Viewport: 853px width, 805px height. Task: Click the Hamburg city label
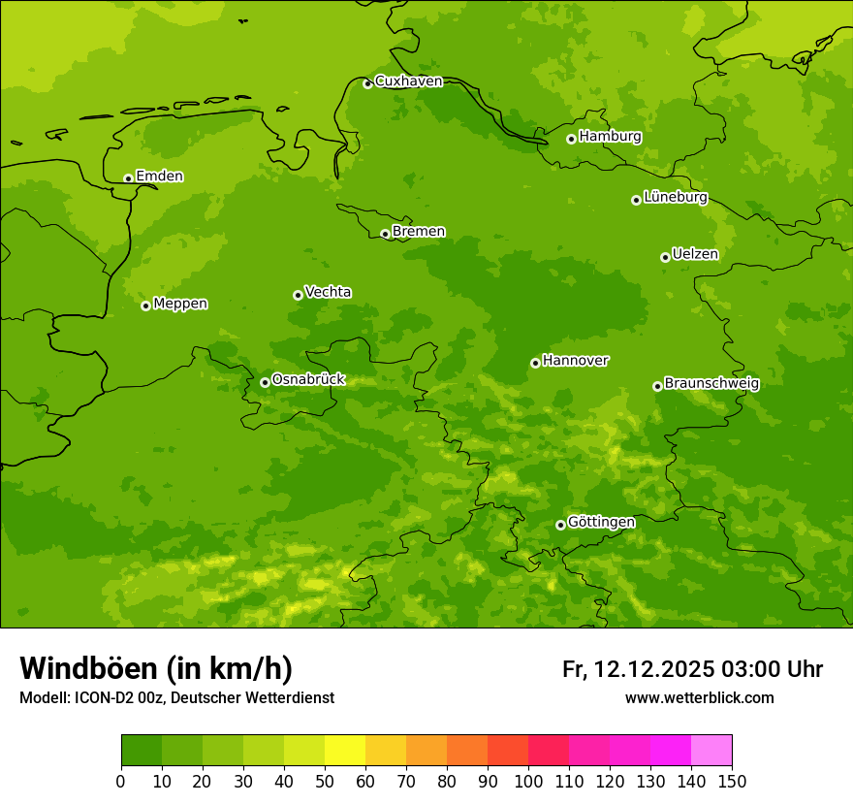(610, 137)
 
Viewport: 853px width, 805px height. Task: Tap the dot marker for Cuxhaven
(367, 83)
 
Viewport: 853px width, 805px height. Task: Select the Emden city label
(159, 177)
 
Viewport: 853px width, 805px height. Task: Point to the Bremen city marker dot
(385, 234)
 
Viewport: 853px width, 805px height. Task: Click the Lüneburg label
(675, 198)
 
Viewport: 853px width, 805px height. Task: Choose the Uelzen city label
(695, 255)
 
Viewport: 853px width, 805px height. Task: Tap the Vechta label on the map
(328, 292)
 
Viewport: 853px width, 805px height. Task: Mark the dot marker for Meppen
(145, 306)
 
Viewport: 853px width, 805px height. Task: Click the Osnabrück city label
(308, 380)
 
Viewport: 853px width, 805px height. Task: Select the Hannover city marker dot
(535, 363)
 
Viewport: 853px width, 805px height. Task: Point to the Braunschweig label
(711, 384)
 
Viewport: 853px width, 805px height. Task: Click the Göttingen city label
(601, 523)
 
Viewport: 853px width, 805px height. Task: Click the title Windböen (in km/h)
(156, 668)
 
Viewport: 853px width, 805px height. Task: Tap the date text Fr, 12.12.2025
(639, 669)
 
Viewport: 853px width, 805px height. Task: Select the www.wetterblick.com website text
(699, 698)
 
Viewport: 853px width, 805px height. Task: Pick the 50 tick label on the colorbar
(325, 781)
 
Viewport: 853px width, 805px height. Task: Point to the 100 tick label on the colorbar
(528, 781)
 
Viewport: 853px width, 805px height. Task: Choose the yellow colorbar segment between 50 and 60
(345, 751)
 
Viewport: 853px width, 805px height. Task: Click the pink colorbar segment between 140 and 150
(711, 751)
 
